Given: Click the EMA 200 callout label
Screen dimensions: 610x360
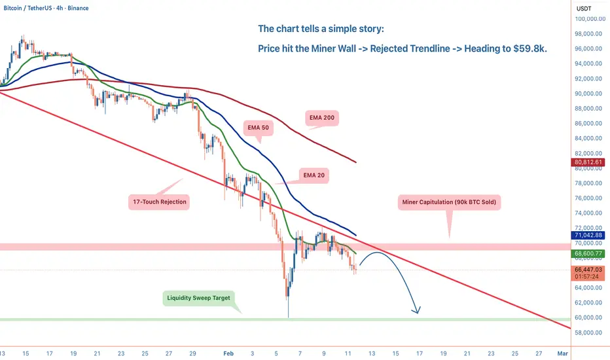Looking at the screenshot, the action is pyautogui.click(x=322, y=118).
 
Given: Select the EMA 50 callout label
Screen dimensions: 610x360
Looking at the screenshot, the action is pyautogui.click(x=259, y=128).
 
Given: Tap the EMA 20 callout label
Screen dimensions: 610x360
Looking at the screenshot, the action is pyautogui.click(x=314, y=175).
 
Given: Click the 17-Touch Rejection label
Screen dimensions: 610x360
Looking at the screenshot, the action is pyautogui.click(x=160, y=202).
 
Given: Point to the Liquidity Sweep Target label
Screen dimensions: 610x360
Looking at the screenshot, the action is pyautogui.click(x=199, y=298).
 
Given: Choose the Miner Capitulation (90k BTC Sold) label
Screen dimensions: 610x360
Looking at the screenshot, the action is pyautogui.click(x=449, y=202).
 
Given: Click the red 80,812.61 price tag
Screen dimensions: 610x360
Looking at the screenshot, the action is pyautogui.click(x=588, y=162).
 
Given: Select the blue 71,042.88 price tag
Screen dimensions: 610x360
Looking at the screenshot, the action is pyautogui.click(x=588, y=235).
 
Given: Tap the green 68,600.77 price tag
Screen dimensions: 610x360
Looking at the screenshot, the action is pyautogui.click(x=588, y=253).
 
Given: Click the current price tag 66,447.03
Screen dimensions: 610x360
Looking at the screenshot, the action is pyautogui.click(x=588, y=269).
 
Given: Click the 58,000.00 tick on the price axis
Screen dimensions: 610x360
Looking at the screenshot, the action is pyautogui.click(x=588, y=333).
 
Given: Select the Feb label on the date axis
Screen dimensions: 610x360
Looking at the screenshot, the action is pyautogui.click(x=228, y=353).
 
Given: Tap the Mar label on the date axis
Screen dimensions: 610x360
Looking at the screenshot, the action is pyautogui.click(x=562, y=353).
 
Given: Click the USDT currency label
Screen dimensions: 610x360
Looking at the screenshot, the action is pyautogui.click(x=584, y=9).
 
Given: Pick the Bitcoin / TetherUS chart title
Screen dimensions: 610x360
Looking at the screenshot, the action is pyautogui.click(x=26, y=8).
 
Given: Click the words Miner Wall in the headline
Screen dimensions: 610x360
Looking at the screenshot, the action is pyautogui.click(x=333, y=48).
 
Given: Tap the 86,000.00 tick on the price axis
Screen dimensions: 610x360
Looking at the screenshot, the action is pyautogui.click(x=588, y=123).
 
